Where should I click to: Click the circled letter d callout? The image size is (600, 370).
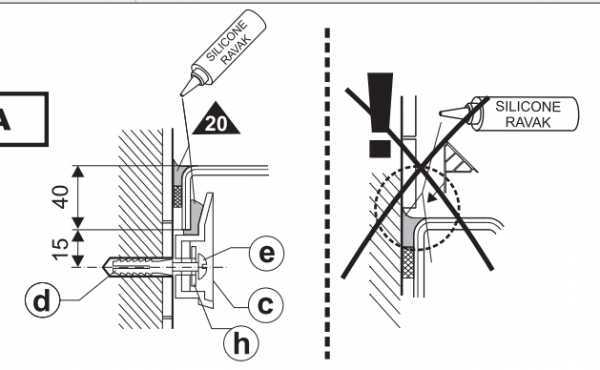[x=42, y=300]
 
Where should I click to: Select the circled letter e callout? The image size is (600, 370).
[x=266, y=253]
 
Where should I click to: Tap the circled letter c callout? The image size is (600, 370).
[x=266, y=305]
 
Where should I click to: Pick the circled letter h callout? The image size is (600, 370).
[x=241, y=343]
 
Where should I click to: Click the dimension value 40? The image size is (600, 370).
[x=61, y=197]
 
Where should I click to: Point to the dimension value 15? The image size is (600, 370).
[x=61, y=249]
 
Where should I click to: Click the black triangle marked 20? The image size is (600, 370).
[x=216, y=118]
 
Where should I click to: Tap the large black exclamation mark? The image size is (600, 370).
[x=380, y=115]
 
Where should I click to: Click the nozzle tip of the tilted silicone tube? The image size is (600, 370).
[x=181, y=94]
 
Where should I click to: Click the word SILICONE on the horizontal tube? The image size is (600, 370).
[x=528, y=106]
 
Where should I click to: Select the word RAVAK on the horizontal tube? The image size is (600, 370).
[x=528, y=122]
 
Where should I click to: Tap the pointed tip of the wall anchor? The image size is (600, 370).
[x=104, y=266]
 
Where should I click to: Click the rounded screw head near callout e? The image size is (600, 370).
[x=204, y=266]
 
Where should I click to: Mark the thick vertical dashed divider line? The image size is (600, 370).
[x=327, y=193]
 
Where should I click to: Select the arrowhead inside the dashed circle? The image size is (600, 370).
[x=432, y=198]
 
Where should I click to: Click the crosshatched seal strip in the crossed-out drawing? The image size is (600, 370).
[x=409, y=262]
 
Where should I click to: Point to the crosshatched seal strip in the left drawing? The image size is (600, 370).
[x=178, y=196]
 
